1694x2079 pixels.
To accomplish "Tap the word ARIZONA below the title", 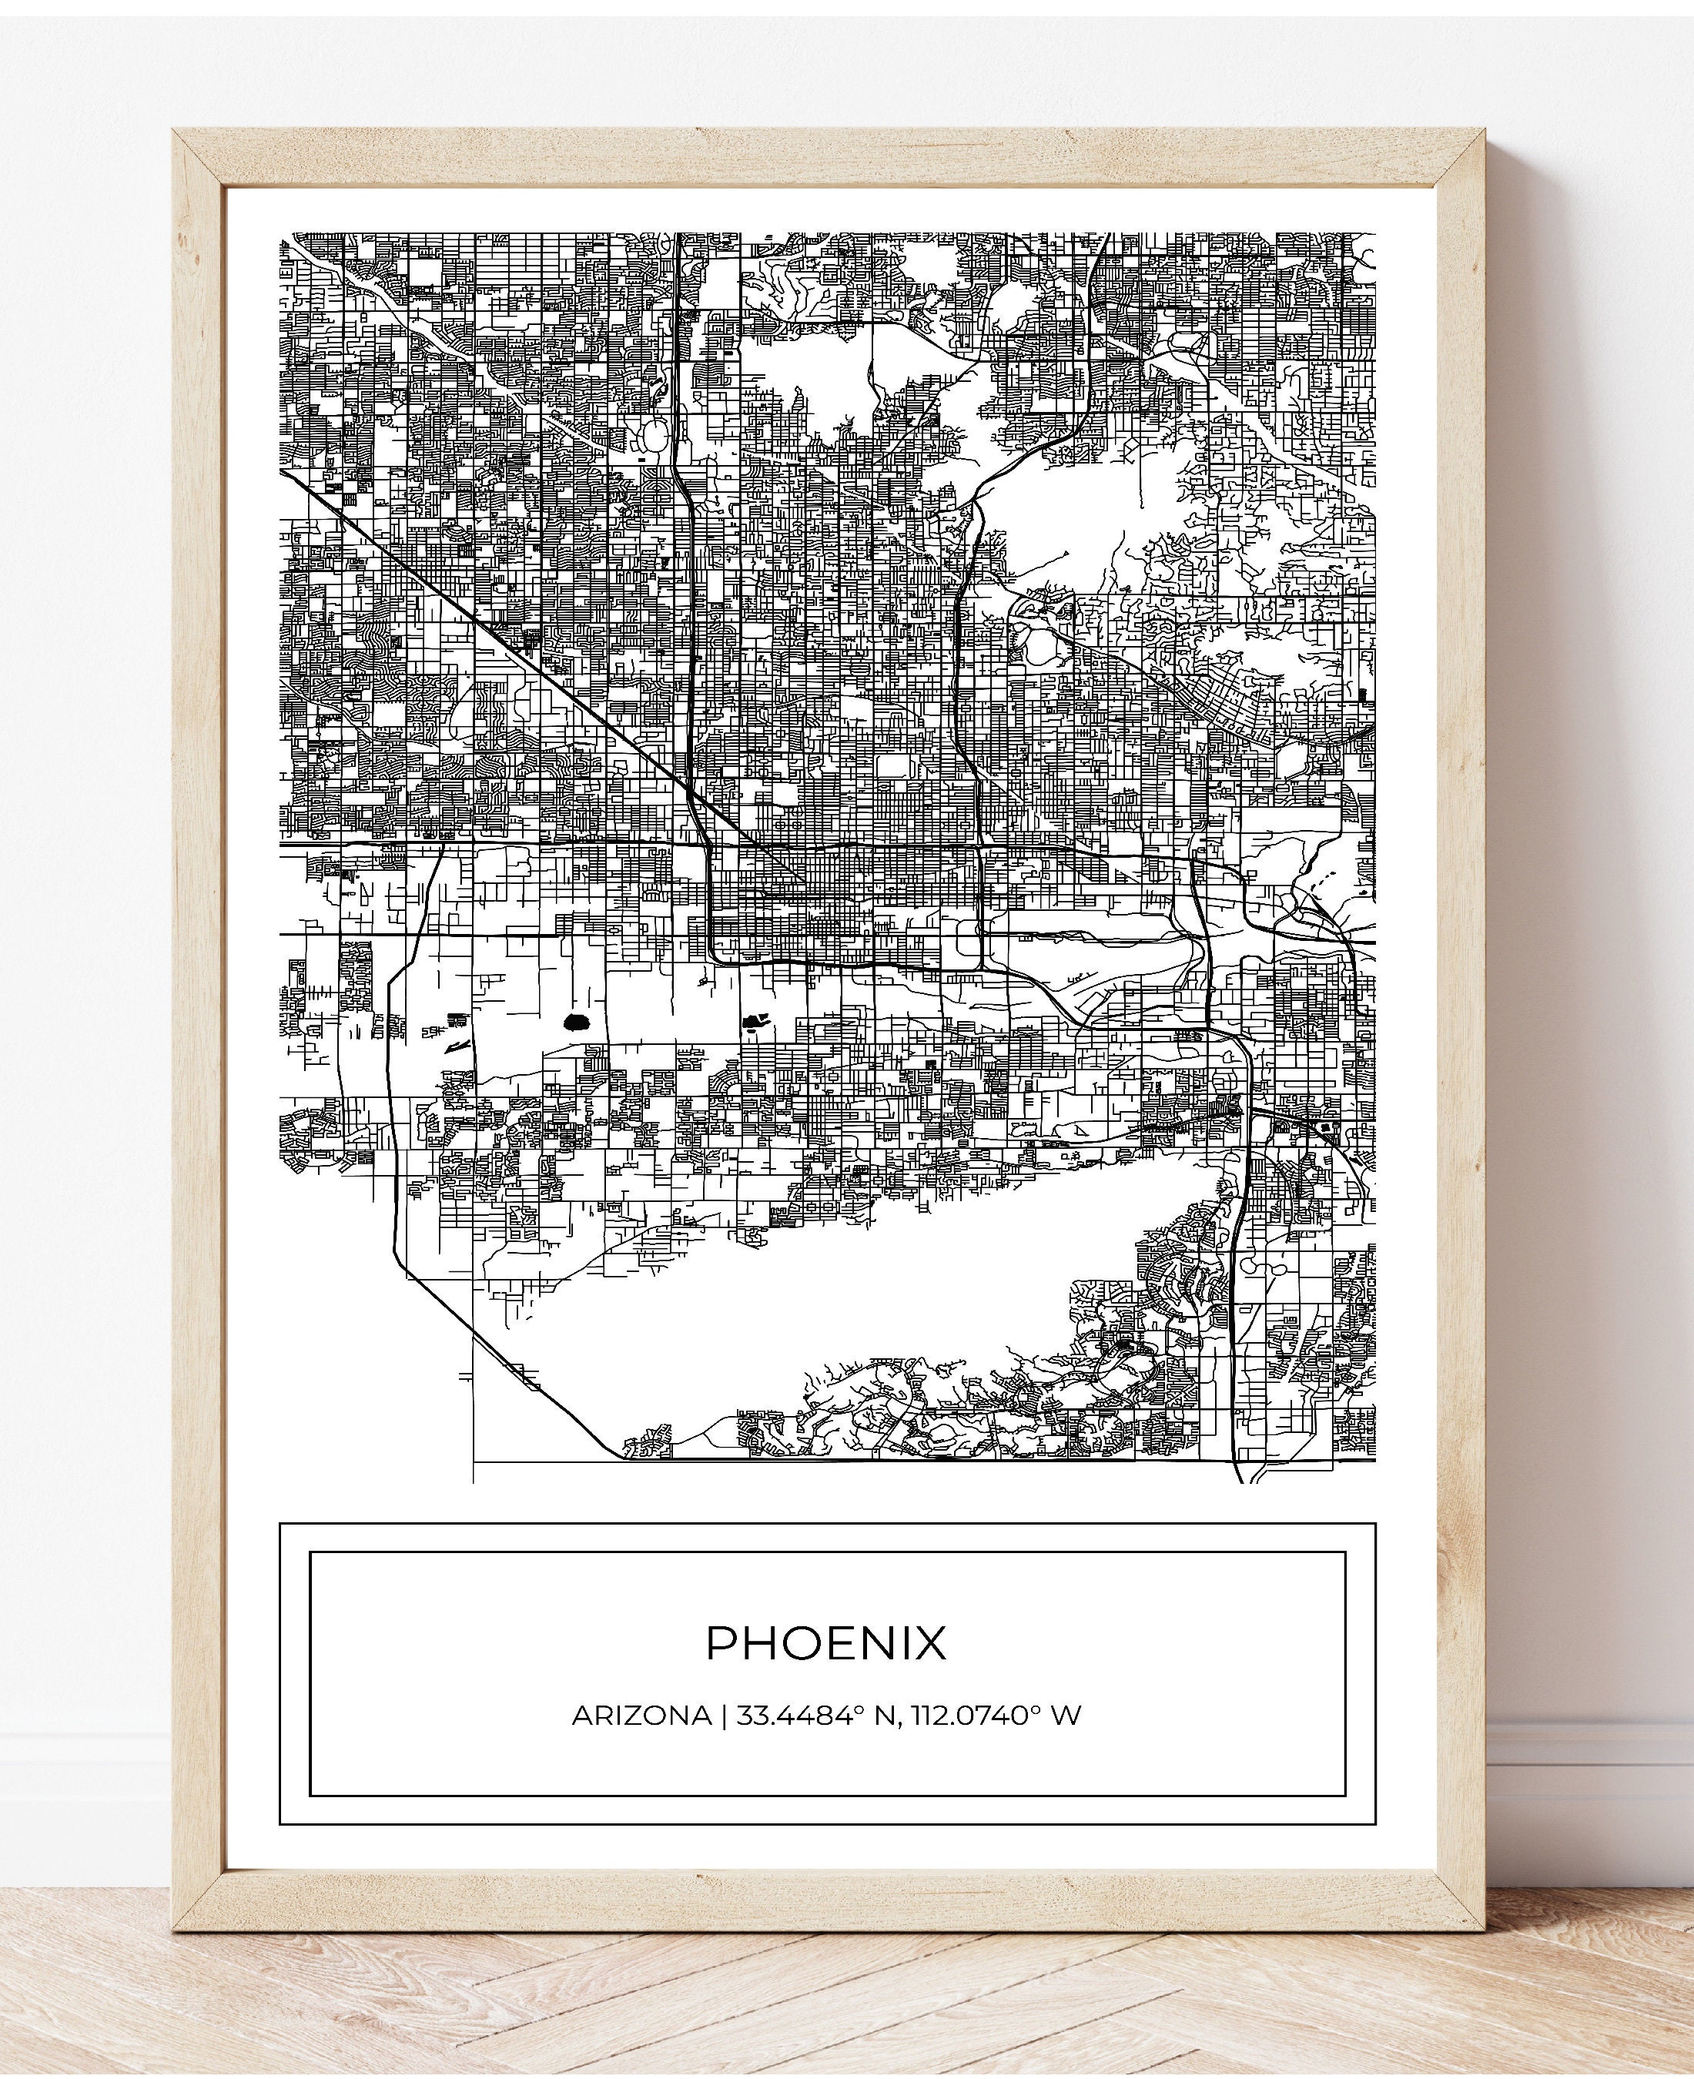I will [x=641, y=1743].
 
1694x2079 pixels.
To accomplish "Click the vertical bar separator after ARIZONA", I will [x=723, y=1743].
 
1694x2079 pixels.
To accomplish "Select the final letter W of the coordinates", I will [x=1067, y=1743].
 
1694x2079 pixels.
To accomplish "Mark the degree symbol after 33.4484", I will [x=862, y=1736].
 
